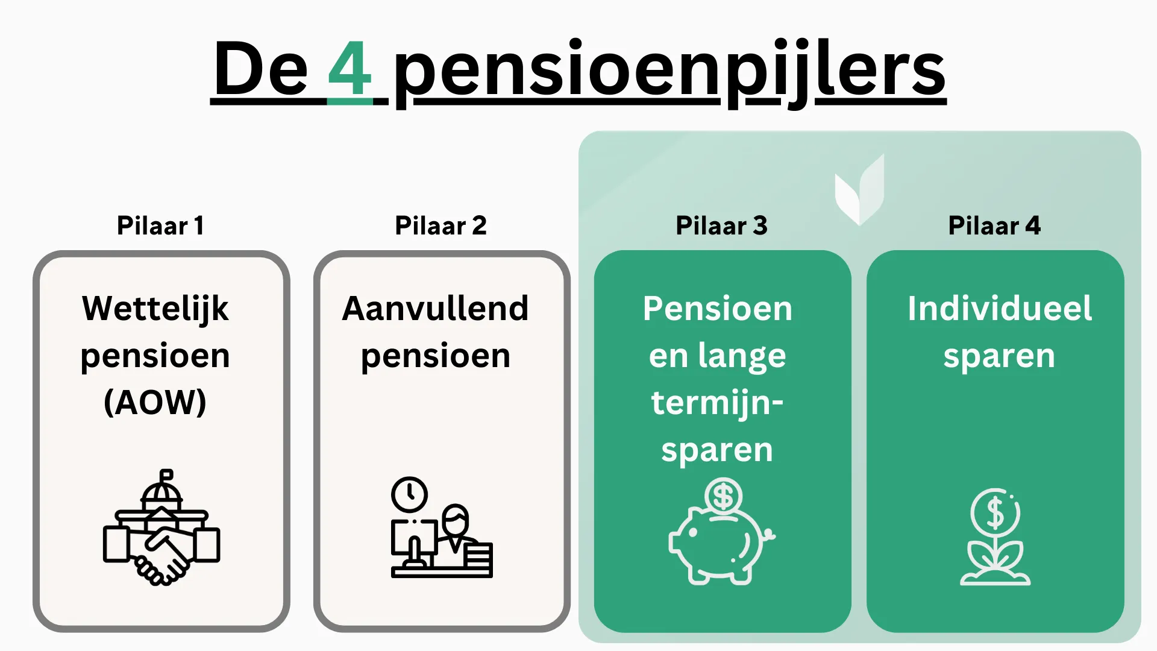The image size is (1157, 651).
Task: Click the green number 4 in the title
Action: [x=350, y=69]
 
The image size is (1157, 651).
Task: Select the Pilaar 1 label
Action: [x=160, y=225]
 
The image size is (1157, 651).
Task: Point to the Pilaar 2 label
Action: [x=441, y=225]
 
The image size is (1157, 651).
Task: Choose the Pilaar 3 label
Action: [x=721, y=225]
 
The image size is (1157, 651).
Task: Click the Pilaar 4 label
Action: [x=994, y=225]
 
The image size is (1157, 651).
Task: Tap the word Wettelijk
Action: [x=155, y=309]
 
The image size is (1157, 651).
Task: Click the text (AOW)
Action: [x=155, y=402]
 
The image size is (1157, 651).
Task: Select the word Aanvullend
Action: [x=435, y=309]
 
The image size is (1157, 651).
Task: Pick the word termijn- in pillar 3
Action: [x=717, y=403]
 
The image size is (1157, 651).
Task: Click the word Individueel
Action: [x=999, y=309]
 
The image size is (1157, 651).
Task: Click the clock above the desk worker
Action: [x=409, y=494]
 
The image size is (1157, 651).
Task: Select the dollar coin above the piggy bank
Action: [x=723, y=496]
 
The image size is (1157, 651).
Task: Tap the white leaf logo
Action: [x=860, y=190]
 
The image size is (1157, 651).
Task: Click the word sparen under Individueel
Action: [x=999, y=356]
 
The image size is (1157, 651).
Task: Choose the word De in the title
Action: [x=260, y=69]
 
